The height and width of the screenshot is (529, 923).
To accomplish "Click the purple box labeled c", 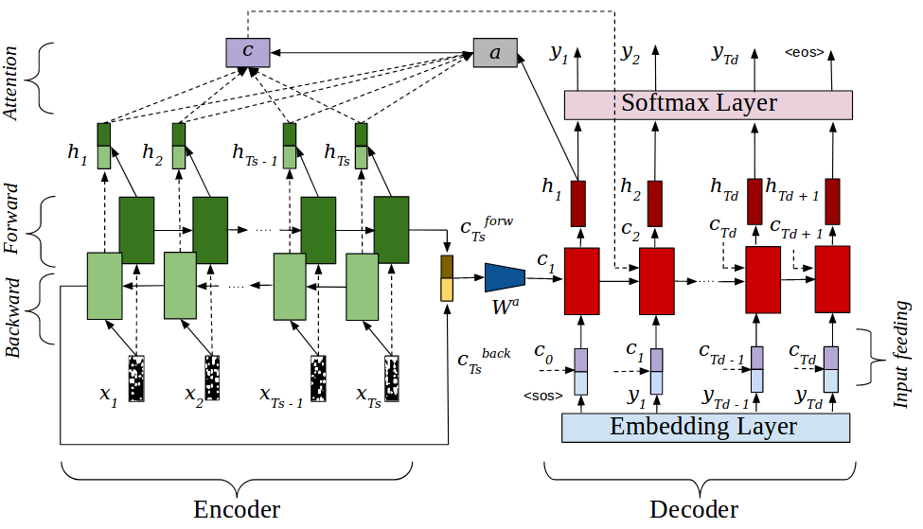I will click(247, 52).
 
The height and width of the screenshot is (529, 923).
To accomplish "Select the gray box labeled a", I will click(495, 53).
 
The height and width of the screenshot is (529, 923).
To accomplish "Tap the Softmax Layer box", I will click(708, 104).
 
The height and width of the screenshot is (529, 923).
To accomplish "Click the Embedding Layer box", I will click(705, 427).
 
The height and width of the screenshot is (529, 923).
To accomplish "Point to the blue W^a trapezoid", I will click(505, 277).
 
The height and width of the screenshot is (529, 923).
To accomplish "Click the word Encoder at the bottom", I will click(237, 509).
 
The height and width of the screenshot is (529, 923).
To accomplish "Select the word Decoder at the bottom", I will click(694, 509).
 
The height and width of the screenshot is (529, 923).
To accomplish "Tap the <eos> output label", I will click(804, 53).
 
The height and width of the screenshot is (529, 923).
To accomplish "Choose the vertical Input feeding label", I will click(901, 355).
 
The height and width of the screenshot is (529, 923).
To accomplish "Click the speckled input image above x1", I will click(137, 379).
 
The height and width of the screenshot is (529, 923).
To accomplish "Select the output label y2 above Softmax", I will click(630, 54).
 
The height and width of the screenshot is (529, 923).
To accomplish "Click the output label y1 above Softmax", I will click(559, 54).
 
